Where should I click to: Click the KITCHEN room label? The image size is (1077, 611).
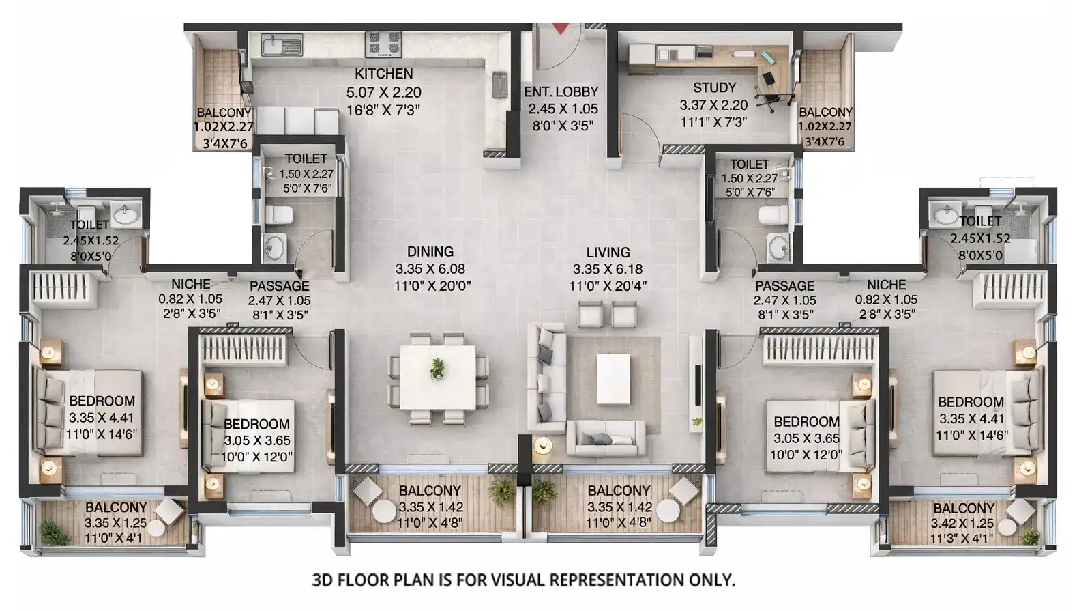383,74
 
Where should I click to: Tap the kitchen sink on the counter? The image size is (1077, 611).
281,46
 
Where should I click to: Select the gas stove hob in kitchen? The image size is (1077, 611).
385,44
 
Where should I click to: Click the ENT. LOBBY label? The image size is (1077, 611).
561,91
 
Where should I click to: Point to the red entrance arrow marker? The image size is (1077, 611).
560,28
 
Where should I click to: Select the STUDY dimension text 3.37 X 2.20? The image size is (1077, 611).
713,105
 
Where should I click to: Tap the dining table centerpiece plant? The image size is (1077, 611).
437,369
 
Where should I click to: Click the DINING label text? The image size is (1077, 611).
430,252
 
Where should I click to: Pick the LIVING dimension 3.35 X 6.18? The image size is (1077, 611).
608,270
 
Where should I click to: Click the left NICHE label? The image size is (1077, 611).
191,284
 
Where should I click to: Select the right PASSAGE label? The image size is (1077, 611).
784,286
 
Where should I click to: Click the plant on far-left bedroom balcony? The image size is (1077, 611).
50,531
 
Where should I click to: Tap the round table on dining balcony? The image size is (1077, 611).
384,511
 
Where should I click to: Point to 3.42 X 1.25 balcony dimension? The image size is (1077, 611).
962,524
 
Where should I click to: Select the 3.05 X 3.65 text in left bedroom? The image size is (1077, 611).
257,441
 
